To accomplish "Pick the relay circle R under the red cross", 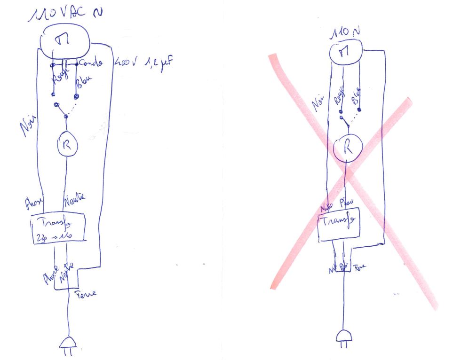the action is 347,148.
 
